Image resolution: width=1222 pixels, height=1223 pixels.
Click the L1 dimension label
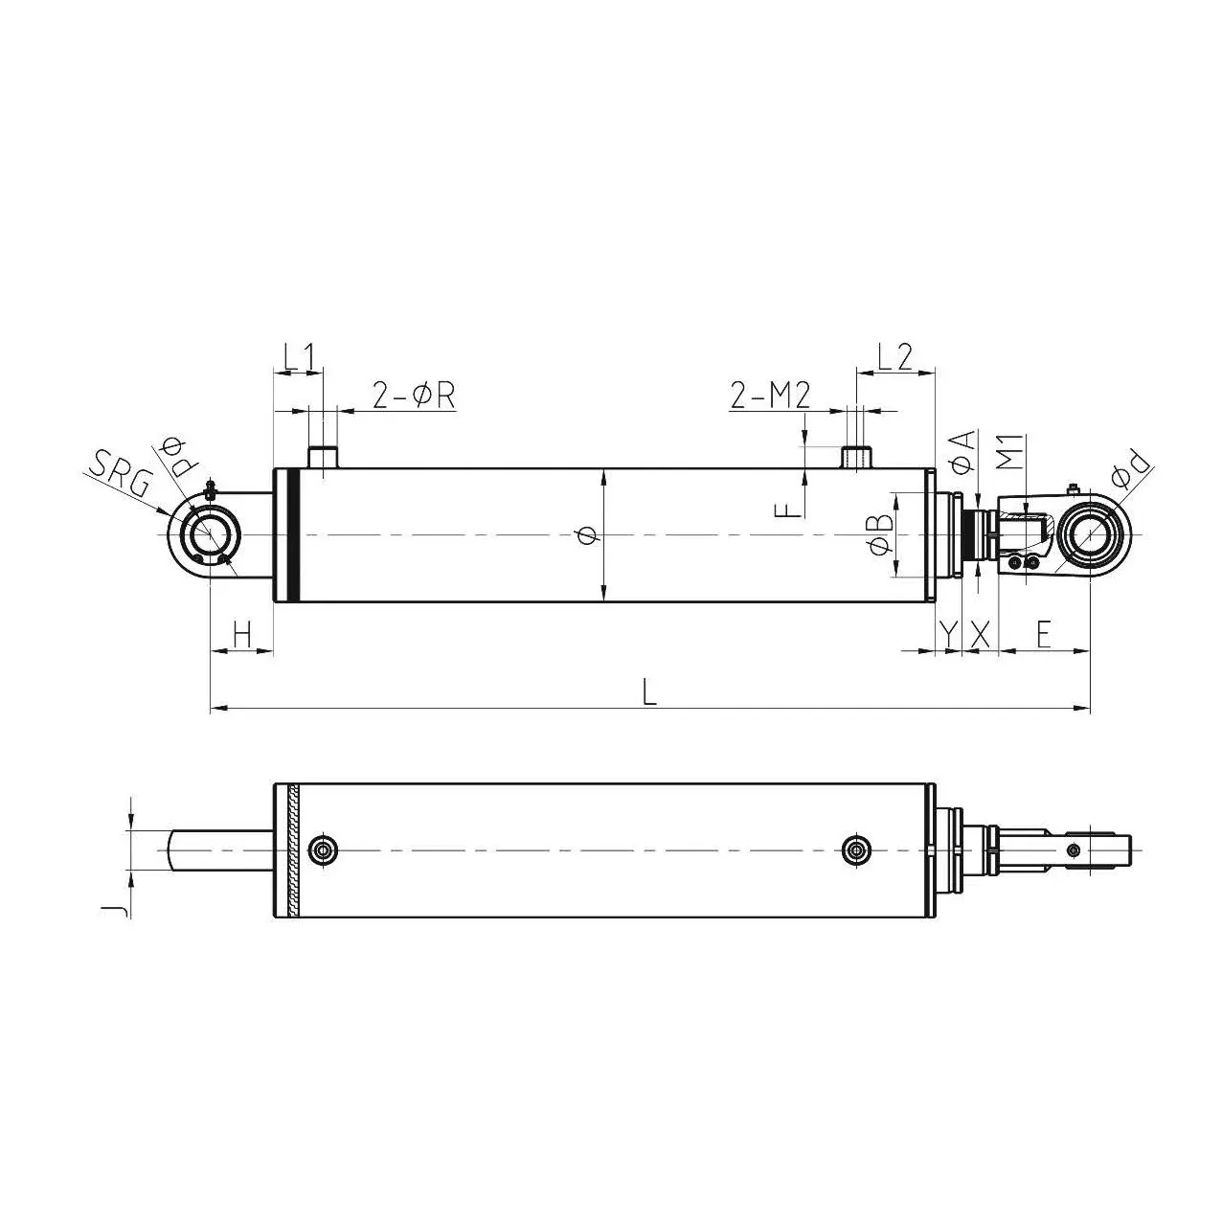[x=298, y=357]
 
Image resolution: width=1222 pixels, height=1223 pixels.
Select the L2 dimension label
[x=894, y=357]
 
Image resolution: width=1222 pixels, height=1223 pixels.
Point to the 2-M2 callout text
[x=771, y=395]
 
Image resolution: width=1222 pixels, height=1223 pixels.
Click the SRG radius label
[x=119, y=476]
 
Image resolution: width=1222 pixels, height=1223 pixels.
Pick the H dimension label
[x=241, y=633]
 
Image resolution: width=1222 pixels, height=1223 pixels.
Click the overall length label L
[x=649, y=691]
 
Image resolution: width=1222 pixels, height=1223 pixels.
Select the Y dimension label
[x=947, y=633]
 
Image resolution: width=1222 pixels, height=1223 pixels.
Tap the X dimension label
[x=979, y=633]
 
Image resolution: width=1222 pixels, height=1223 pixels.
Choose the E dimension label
[x=1043, y=633]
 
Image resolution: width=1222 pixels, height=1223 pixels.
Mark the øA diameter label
[x=963, y=450]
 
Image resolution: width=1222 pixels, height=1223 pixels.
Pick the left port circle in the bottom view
[x=324, y=849]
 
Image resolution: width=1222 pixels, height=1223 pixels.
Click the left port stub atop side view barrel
[x=323, y=457]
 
